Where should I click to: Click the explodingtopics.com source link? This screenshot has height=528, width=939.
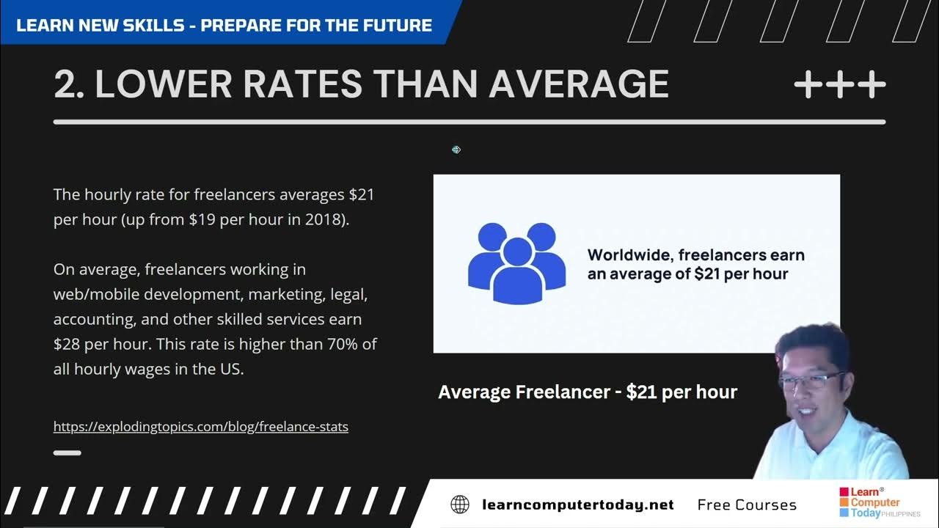200,426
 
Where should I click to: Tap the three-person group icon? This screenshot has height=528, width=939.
516,263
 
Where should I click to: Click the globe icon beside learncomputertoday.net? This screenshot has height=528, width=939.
460,505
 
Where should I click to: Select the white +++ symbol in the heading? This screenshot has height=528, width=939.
840,86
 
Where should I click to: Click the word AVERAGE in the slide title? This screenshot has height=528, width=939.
579,84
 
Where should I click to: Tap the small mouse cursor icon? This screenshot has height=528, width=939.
456,150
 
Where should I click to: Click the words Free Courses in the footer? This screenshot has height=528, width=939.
747,505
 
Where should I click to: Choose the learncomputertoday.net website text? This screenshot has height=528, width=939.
577,505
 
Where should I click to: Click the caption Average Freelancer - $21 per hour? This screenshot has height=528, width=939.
588,392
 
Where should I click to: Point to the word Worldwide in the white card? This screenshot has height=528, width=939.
629,255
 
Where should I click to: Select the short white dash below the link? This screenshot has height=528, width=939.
67,452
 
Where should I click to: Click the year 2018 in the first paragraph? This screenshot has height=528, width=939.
326,220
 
